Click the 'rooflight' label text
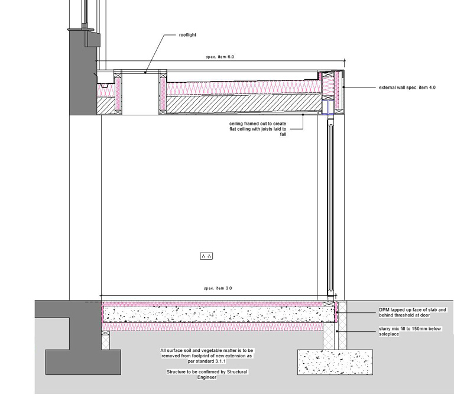tap(187, 35)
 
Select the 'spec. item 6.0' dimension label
tap(220, 57)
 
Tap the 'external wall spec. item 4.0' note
tap(407, 88)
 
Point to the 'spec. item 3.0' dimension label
tap(218, 288)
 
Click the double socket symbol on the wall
tap(206, 256)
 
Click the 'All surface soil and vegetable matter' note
tap(206, 356)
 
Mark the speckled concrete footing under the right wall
tap(335, 361)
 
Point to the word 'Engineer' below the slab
tap(207, 377)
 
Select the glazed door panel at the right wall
tap(329, 207)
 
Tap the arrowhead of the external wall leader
tap(344, 88)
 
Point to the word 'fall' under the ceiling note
tap(283, 134)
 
